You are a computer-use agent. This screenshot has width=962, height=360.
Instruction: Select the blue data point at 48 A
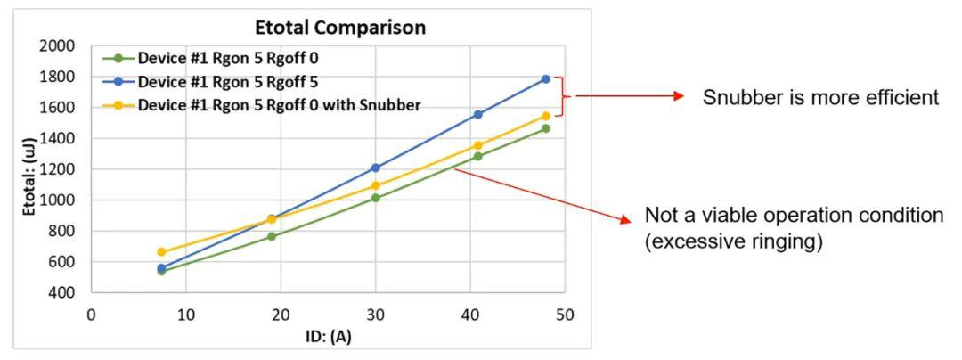[546, 79]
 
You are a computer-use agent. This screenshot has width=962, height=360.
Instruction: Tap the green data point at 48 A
[546, 128]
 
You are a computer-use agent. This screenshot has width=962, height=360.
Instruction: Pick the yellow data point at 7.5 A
[161, 252]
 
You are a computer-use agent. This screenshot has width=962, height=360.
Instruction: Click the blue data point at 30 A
[375, 168]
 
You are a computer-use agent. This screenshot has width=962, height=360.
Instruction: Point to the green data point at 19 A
[271, 236]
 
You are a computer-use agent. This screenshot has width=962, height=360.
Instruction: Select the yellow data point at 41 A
[477, 145]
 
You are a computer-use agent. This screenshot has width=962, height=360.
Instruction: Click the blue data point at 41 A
[477, 114]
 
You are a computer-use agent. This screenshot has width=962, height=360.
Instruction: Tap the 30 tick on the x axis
[375, 315]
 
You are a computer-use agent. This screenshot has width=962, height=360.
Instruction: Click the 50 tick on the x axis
[565, 315]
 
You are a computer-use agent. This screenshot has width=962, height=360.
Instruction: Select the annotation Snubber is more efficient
[820, 97]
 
